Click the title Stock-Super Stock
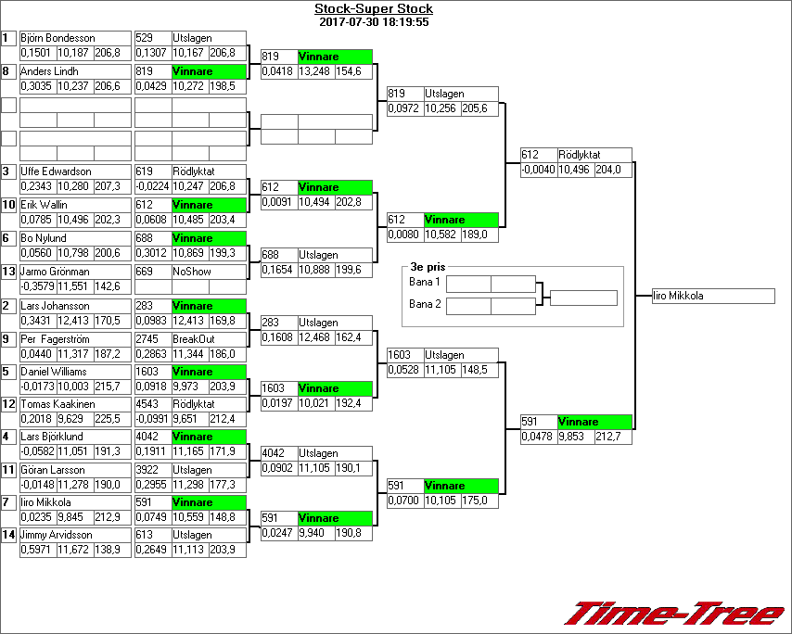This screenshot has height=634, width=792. click(x=374, y=9)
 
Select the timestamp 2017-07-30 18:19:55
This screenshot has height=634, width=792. click(x=374, y=21)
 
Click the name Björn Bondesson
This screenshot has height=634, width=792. click(x=57, y=38)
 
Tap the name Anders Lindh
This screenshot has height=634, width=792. click(x=49, y=71)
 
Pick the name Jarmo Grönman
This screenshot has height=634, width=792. click(x=57, y=272)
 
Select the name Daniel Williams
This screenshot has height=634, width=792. click(x=54, y=372)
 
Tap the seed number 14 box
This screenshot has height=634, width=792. click(x=9, y=535)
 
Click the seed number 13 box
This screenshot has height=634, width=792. click(x=9, y=272)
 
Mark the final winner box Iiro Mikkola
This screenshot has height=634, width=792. click(x=712, y=297)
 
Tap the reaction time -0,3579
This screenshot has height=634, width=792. click(x=37, y=287)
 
